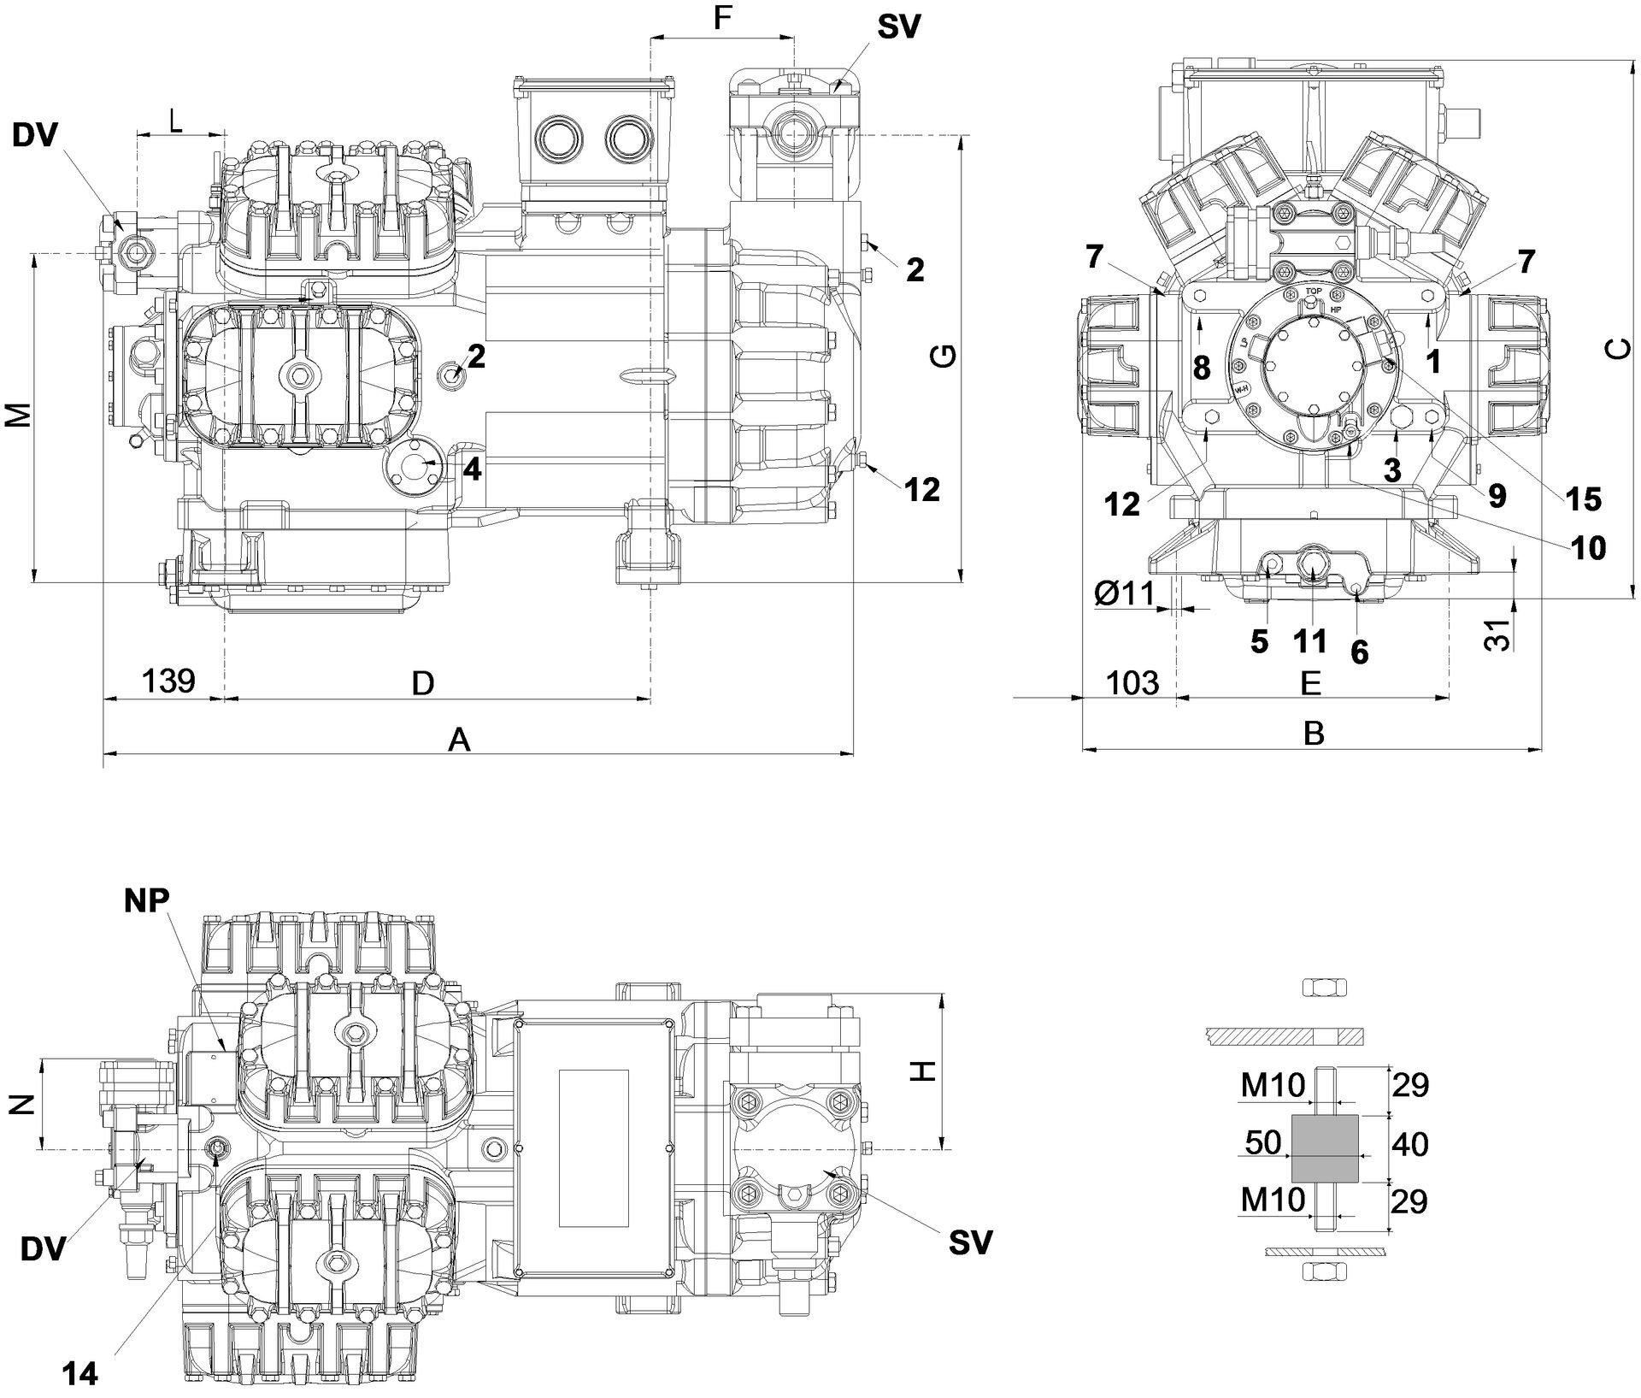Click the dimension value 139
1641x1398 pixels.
168,681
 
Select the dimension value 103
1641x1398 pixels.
1132,683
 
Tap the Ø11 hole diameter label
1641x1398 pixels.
1124,593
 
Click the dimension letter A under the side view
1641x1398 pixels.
460,740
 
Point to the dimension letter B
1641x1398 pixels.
1314,733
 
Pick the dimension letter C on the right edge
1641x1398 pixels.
1617,349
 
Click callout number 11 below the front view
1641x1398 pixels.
1310,640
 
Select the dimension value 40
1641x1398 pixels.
1409,1144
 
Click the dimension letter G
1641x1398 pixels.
943,357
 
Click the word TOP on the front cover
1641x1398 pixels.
1313,291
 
